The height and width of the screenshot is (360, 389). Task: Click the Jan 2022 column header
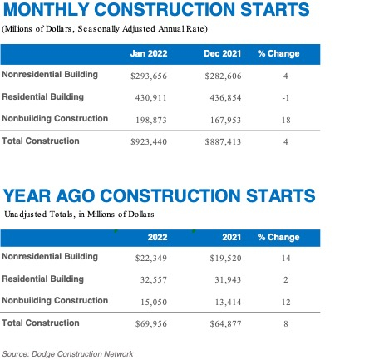tap(150, 54)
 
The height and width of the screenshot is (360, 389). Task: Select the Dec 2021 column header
tap(223, 54)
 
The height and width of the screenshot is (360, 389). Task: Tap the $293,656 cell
tap(150, 76)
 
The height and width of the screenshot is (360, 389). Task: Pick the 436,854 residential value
tap(223, 97)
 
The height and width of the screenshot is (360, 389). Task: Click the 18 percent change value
tap(285, 119)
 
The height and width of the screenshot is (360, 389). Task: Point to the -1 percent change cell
tap(285, 97)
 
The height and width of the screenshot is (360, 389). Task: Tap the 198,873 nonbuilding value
tap(150, 119)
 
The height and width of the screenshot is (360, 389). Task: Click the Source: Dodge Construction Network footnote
tap(67, 353)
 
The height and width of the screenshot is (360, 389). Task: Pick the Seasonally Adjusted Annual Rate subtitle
tap(150, 29)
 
